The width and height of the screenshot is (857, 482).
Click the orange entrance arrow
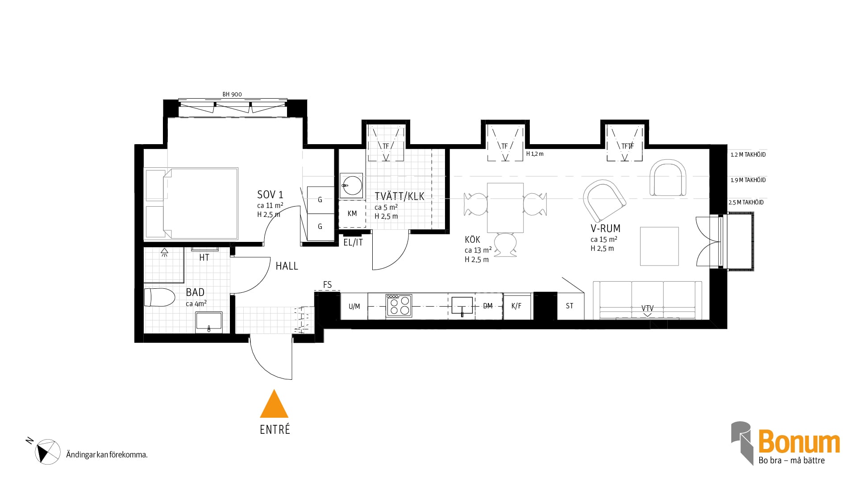274,404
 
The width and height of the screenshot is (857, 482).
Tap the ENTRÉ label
275,429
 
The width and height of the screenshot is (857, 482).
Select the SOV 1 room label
270,195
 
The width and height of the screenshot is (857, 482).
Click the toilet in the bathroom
159,297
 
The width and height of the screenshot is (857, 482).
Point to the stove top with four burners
399,306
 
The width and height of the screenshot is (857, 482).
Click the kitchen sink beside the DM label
462,306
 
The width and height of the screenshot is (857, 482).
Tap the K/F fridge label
516,306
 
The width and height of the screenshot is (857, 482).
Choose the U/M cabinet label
354,306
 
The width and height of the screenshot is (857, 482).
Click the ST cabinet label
570,306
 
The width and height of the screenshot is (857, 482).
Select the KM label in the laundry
352,214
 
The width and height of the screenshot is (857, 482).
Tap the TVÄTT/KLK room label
399,196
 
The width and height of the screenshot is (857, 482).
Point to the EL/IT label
353,243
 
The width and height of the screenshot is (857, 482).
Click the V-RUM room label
605,229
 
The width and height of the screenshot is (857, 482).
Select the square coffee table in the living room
659,246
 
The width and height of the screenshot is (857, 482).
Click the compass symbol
48,452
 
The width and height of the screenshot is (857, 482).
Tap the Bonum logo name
799,442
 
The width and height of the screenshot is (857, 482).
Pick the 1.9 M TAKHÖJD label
748,180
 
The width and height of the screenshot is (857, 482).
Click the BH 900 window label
232,94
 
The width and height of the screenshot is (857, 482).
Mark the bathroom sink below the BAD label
209,322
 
